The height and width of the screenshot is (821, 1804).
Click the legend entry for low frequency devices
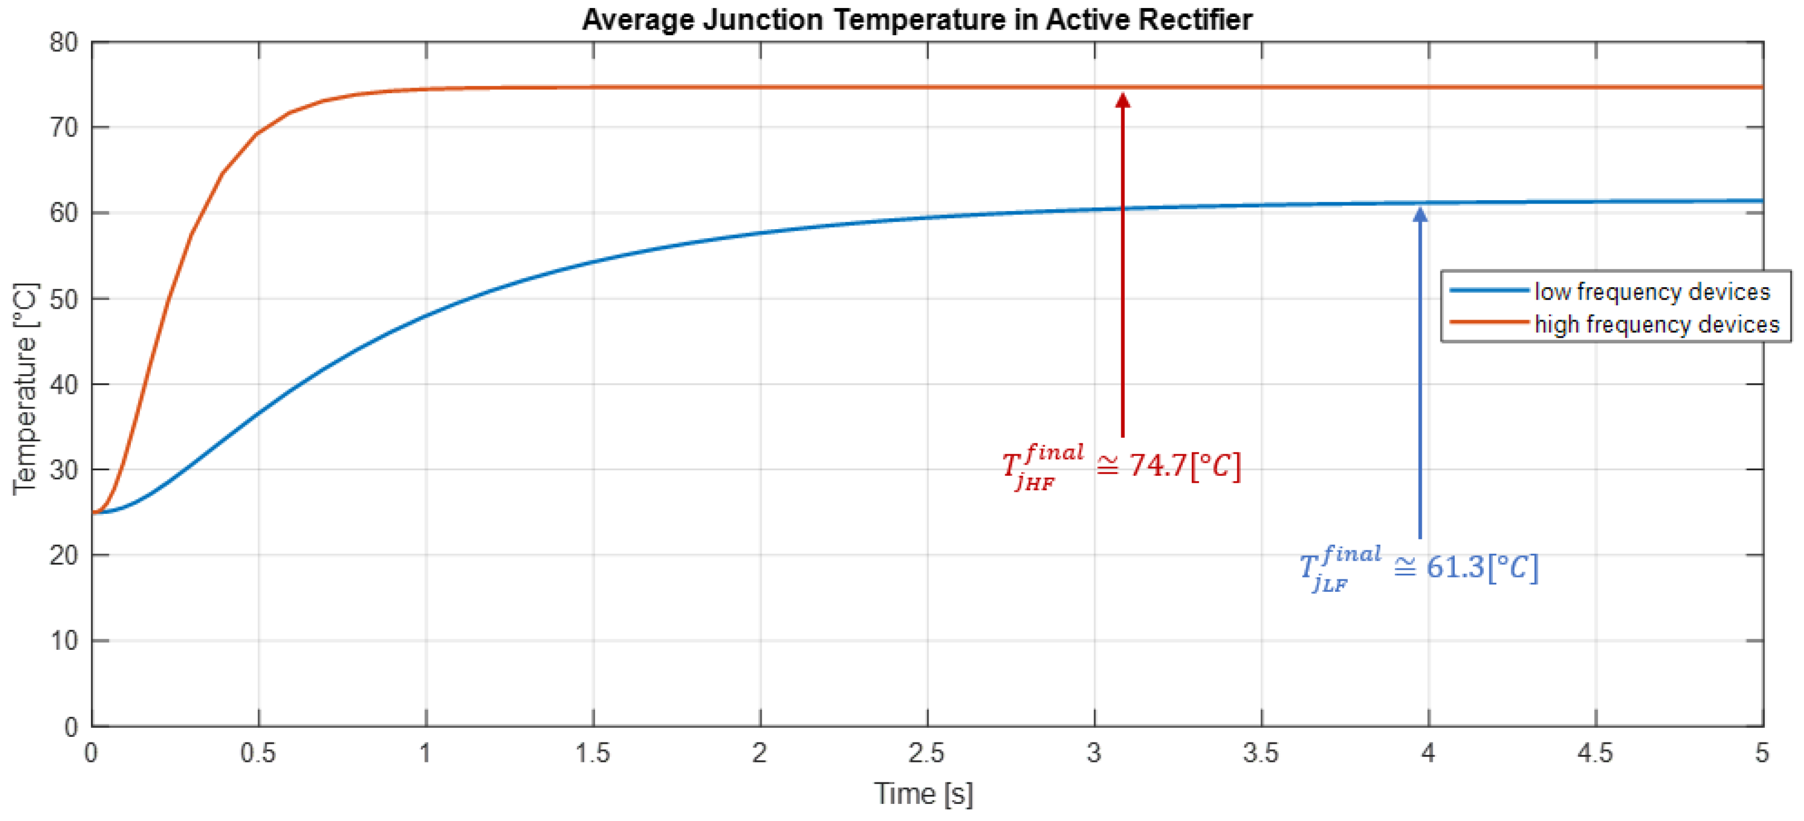pyautogui.click(x=1652, y=291)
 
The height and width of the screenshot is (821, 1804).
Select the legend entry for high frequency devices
pyautogui.click(x=1656, y=324)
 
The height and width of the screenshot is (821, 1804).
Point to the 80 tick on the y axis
pyautogui.click(x=64, y=43)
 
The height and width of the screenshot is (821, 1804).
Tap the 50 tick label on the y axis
pyautogui.click(x=64, y=300)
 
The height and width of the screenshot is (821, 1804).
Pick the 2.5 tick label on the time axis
pyautogui.click(x=927, y=754)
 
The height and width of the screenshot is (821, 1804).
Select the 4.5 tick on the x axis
pyautogui.click(x=1595, y=754)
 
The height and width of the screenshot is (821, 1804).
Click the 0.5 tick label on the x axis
pyautogui.click(x=258, y=754)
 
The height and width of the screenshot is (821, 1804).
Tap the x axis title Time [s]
pyautogui.click(x=923, y=794)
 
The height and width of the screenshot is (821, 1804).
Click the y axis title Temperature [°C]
pyautogui.click(x=25, y=388)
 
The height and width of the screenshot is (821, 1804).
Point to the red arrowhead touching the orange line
pyautogui.click(x=1122, y=99)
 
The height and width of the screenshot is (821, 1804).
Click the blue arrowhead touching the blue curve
pyautogui.click(x=1420, y=214)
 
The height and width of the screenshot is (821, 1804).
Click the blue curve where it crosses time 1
pyautogui.click(x=426, y=316)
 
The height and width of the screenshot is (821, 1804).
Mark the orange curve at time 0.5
pyautogui.click(x=258, y=133)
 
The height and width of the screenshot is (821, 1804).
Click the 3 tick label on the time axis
pyautogui.click(x=1094, y=754)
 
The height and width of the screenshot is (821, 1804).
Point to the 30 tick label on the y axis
pyautogui.click(x=64, y=470)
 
